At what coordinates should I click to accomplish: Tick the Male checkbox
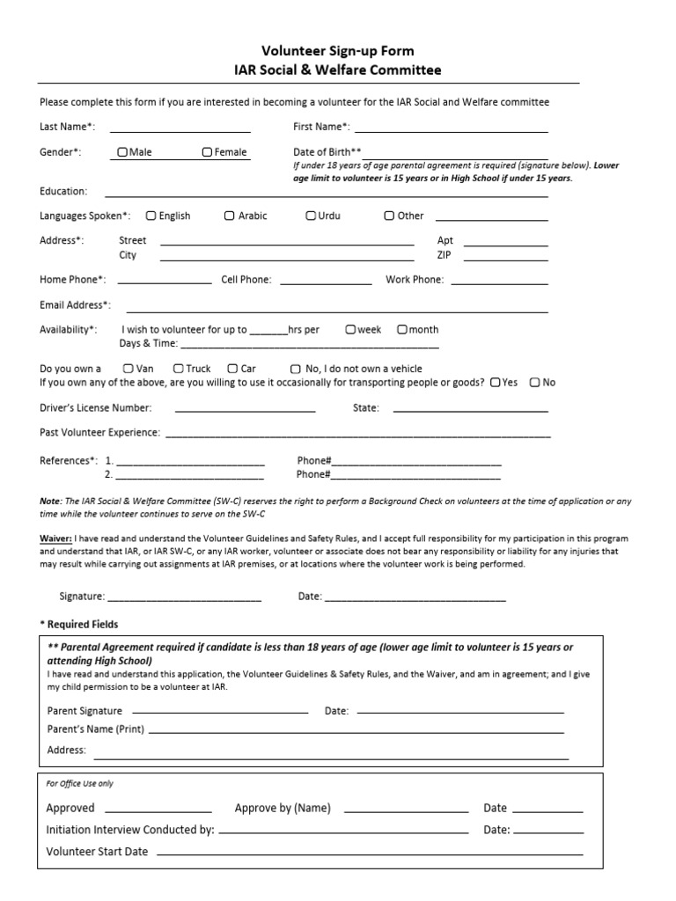pos(122,152)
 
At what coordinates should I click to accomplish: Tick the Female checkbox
pos(208,152)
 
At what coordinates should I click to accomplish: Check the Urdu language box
pos(311,216)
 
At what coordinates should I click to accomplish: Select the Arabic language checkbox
pos(230,216)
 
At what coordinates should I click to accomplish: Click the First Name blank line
pos(451,131)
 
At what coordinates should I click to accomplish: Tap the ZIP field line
pos(505,260)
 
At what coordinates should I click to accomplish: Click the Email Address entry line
pos(337,311)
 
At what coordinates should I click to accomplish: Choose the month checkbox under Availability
pos(402,330)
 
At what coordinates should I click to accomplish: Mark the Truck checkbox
pos(179,369)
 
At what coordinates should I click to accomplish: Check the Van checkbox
pos(129,369)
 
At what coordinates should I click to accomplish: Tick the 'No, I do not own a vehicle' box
pos(296,369)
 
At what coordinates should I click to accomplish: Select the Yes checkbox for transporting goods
pos(496,383)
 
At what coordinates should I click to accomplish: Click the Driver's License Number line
pos(246,411)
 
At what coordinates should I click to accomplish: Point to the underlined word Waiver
pos(55,538)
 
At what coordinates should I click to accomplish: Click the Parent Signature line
pos(219,710)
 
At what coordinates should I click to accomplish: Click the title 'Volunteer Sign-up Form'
pos(338,51)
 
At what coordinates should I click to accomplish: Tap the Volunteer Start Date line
pos(370,853)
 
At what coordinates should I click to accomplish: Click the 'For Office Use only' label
pos(79,783)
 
